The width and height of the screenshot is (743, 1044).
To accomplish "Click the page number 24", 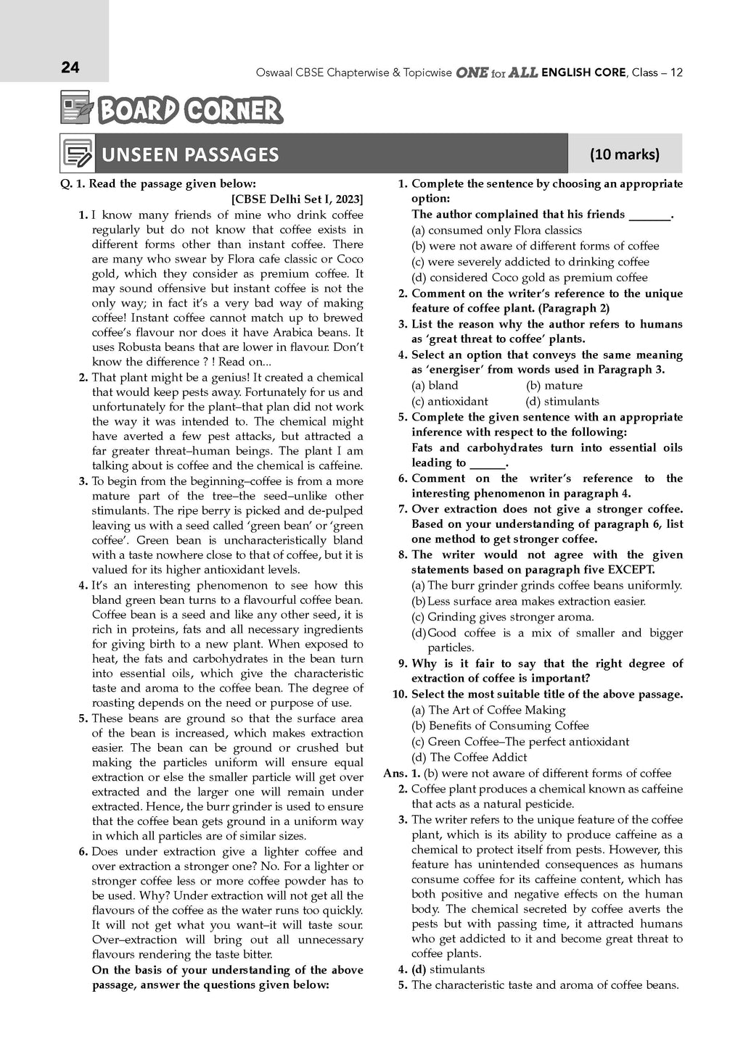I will [70, 68].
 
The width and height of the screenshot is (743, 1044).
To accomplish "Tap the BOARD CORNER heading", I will [189, 111].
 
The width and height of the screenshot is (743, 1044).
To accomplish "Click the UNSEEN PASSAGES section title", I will [190, 154].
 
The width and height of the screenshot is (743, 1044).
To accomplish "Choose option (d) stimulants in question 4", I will [562, 402].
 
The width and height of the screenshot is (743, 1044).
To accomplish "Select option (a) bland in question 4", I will [435, 386].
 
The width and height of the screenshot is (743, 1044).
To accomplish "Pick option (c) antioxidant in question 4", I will [450, 402].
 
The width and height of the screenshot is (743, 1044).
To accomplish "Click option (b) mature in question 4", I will [554, 386].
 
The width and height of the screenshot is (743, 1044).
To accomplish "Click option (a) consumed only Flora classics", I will [496, 231].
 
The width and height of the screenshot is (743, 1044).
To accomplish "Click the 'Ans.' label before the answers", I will [395, 774].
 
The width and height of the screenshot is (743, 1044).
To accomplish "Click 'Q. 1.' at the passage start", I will [73, 184].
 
